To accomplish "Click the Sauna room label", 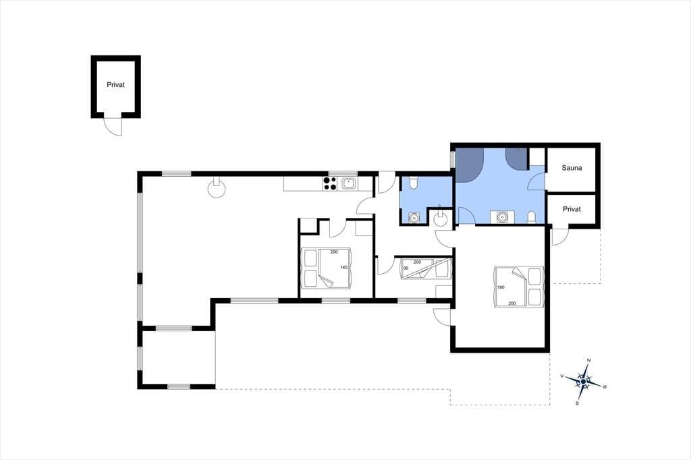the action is click(x=572, y=168).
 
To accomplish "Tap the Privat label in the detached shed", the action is click(x=115, y=84).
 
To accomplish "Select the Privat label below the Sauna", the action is click(x=572, y=209).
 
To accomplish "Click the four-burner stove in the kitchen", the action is click(x=330, y=183).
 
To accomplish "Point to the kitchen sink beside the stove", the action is click(x=349, y=183).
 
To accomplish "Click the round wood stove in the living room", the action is click(x=217, y=188).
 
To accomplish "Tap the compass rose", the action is click(x=584, y=381).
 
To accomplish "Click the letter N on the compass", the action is click(x=589, y=360).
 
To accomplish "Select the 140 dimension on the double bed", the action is click(x=343, y=268).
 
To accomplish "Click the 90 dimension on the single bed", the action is click(x=406, y=268).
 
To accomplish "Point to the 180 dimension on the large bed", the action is click(x=501, y=287).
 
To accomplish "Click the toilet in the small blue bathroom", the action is click(x=413, y=183).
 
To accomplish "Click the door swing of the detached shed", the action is click(x=113, y=127).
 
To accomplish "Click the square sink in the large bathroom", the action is click(x=501, y=217).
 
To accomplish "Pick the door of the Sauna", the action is click(x=536, y=181).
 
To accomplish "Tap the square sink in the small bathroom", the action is click(x=414, y=218).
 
